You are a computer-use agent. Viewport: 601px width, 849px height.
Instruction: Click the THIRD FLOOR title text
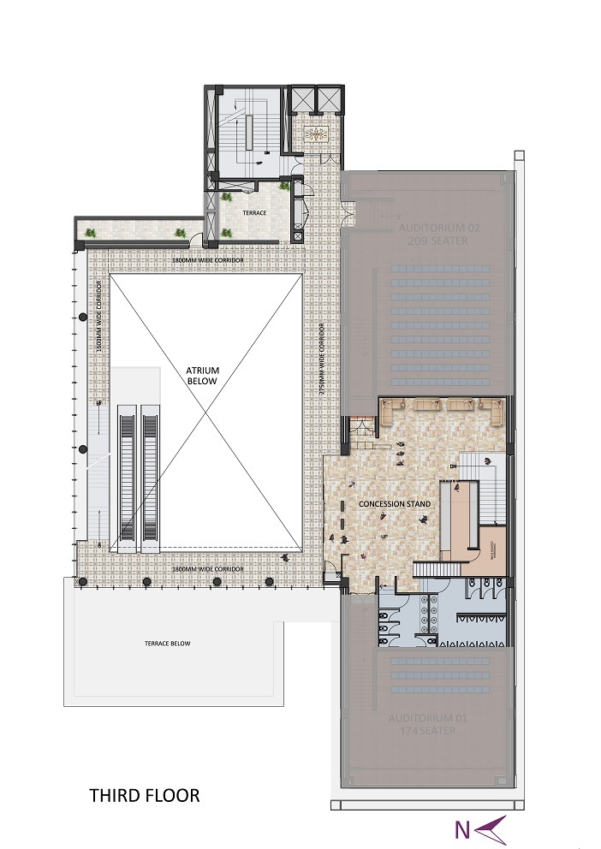(145, 795)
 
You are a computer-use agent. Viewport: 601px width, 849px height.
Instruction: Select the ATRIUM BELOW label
(203, 376)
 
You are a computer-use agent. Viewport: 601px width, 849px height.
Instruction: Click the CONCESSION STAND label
(395, 504)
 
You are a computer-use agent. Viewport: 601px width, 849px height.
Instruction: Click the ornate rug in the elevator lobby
(318, 135)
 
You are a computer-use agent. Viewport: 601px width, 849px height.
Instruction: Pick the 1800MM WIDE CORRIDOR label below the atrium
(206, 569)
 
